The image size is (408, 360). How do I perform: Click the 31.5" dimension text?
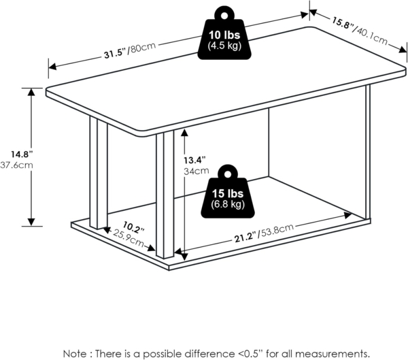pos(116,53)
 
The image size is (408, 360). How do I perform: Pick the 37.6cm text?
pos(14,165)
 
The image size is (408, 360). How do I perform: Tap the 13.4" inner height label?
pos(196,160)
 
